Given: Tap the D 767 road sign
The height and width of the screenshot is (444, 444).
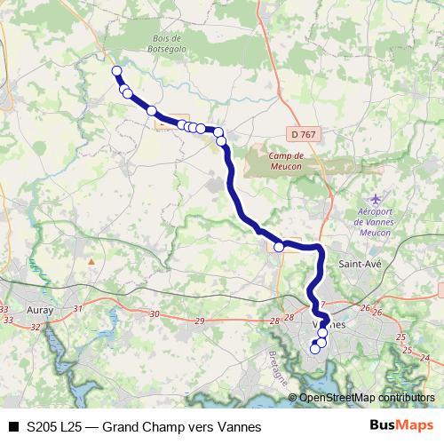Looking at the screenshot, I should click(x=302, y=133).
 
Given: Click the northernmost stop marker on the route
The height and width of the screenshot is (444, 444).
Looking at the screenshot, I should click(x=115, y=71).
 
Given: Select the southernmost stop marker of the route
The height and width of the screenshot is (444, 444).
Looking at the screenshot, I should click(x=314, y=350).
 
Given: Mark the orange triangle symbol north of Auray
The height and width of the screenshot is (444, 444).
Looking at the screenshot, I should click(x=91, y=261).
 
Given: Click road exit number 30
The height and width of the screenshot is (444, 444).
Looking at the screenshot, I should click(x=155, y=314).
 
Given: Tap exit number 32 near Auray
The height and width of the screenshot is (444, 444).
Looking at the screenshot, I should click(x=36, y=328).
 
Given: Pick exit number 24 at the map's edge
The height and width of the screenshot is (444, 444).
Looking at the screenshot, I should click(x=424, y=357).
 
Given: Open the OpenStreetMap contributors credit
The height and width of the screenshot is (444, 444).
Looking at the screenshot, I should click(x=367, y=398).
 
